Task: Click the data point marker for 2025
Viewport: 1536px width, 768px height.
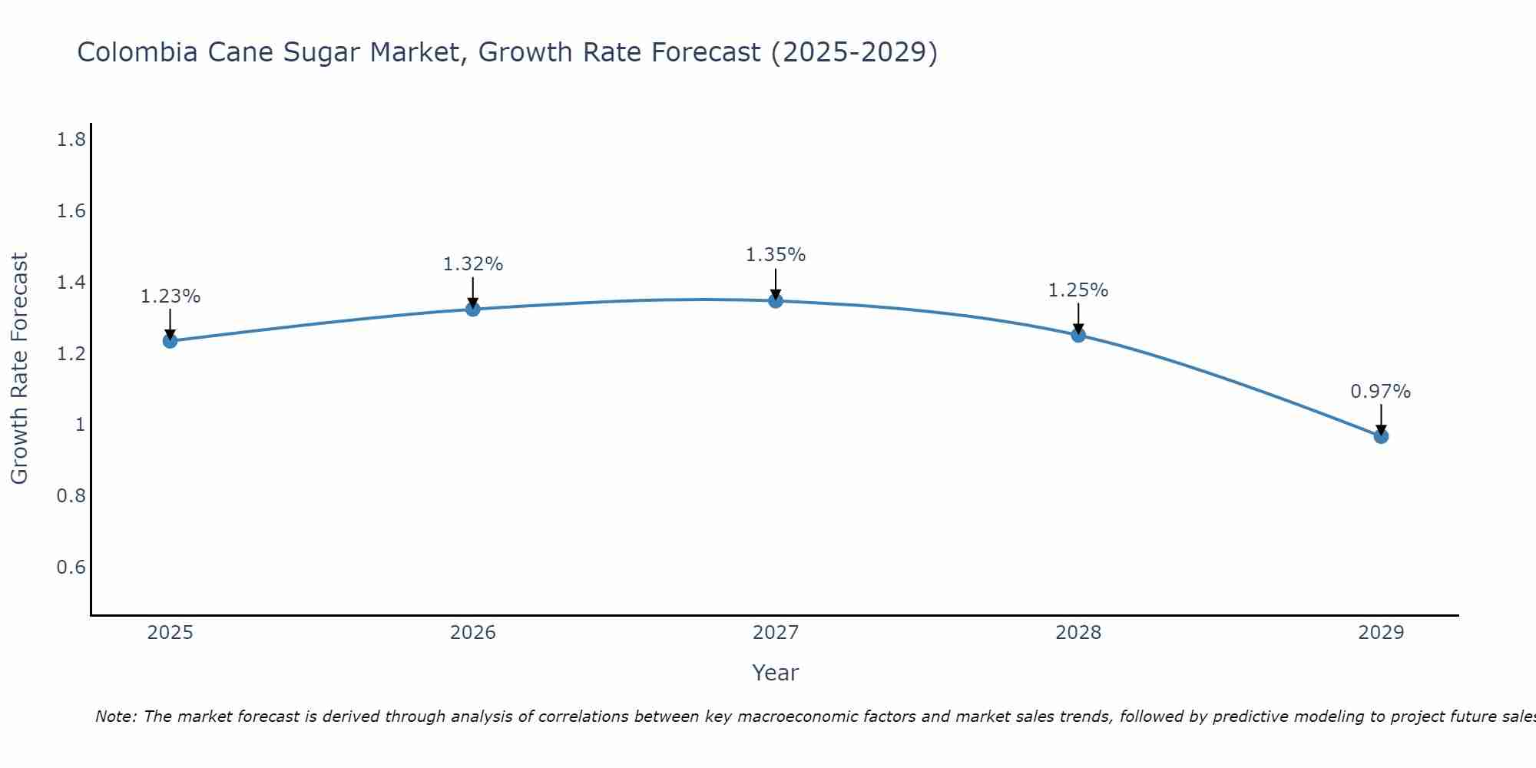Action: pos(170,341)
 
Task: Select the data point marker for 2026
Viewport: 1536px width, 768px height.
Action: pos(473,309)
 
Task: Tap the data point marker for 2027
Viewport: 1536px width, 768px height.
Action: pos(776,300)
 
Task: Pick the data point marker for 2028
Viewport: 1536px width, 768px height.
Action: pos(1078,335)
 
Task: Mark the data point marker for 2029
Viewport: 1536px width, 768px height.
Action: pos(1381,436)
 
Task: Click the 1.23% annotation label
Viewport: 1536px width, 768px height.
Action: pos(170,296)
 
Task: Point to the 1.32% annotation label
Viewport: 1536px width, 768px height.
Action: pos(473,264)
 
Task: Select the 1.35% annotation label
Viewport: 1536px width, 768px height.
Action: pos(776,255)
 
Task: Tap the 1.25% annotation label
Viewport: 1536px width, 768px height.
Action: pos(1078,290)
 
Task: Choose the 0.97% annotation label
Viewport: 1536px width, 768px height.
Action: pos(1381,392)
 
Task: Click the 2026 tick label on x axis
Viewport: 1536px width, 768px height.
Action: pos(473,633)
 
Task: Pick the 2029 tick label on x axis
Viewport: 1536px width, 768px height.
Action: pos(1381,633)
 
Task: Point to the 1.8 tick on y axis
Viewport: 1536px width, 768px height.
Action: pos(71,140)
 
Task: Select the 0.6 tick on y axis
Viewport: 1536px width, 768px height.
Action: pos(71,568)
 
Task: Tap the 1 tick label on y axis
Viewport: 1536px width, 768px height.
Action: pos(80,425)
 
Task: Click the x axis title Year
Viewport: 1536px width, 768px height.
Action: pos(776,673)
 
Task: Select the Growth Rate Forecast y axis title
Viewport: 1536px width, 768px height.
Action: pos(19,369)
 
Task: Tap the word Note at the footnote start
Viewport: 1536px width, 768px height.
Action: pos(115,717)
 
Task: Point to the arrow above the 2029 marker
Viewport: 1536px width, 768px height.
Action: pos(1381,419)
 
